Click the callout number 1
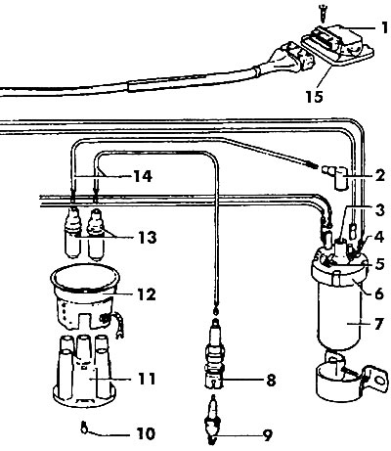tap(385, 28)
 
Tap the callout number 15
tap(315, 97)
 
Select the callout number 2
tap(379, 175)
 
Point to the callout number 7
tap(378, 325)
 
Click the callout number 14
tap(143, 176)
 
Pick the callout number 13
tap(147, 238)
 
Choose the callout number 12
tap(147, 294)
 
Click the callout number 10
tap(146, 434)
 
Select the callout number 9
tap(267, 435)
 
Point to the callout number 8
tap(271, 381)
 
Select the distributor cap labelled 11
tap(84, 372)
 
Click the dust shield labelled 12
tap(85, 296)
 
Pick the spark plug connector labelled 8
tap(214, 354)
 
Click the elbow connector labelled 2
tap(336, 176)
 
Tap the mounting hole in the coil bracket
tap(379, 381)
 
